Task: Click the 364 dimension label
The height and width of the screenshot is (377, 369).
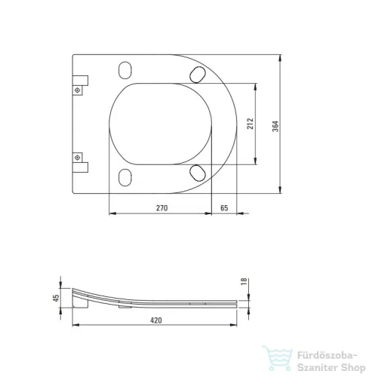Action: [x=275, y=126]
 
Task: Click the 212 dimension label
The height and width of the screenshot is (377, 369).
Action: [x=251, y=124]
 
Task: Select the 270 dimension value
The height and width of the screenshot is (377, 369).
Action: [x=161, y=208]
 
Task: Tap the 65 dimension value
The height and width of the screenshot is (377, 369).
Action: [x=224, y=208]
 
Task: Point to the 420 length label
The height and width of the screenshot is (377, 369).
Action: [x=156, y=320]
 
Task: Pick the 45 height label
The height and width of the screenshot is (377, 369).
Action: [x=56, y=298]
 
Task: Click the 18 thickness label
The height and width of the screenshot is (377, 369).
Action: [x=244, y=281]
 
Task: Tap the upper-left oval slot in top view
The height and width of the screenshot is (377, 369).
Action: [x=125, y=70]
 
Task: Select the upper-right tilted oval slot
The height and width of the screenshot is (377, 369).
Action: [x=198, y=75]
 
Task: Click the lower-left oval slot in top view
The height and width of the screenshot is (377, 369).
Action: [x=125, y=177]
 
